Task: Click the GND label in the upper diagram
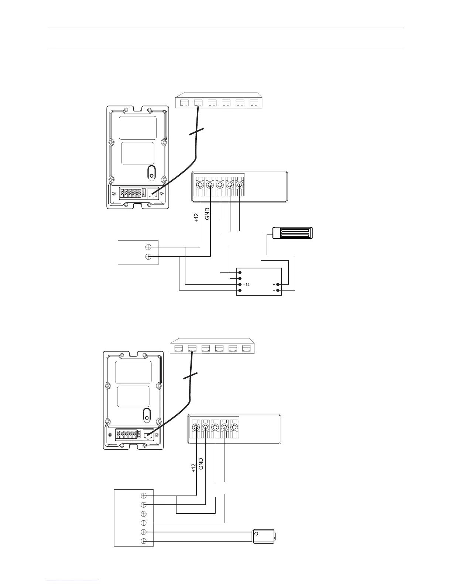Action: (207, 214)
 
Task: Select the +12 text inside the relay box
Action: (246, 285)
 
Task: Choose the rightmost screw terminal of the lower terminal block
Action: (234, 428)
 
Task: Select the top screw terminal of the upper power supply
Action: (148, 247)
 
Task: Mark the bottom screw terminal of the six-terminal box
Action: (144, 541)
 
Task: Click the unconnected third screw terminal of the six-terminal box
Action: (144, 514)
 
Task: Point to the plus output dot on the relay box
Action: (278, 285)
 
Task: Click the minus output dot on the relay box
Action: (278, 291)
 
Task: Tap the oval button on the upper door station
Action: (151, 171)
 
